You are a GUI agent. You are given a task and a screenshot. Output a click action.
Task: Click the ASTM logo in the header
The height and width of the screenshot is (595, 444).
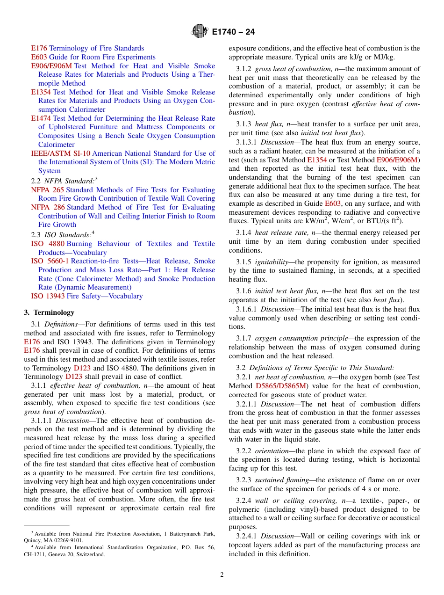[x=200, y=32]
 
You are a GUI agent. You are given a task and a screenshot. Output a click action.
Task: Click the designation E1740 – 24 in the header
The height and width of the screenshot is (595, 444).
[x=233, y=32]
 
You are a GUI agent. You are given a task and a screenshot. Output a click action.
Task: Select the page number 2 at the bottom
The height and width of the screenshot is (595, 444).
[x=222, y=575]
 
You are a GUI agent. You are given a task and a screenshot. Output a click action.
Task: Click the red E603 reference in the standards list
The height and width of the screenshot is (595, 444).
[x=39, y=57]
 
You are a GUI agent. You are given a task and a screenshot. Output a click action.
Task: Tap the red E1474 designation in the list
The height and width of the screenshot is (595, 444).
[x=41, y=118]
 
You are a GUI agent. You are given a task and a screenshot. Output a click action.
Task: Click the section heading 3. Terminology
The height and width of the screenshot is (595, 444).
[x=49, y=312]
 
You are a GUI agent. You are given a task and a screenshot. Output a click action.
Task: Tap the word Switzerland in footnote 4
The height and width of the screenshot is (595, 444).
[x=90, y=555]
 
